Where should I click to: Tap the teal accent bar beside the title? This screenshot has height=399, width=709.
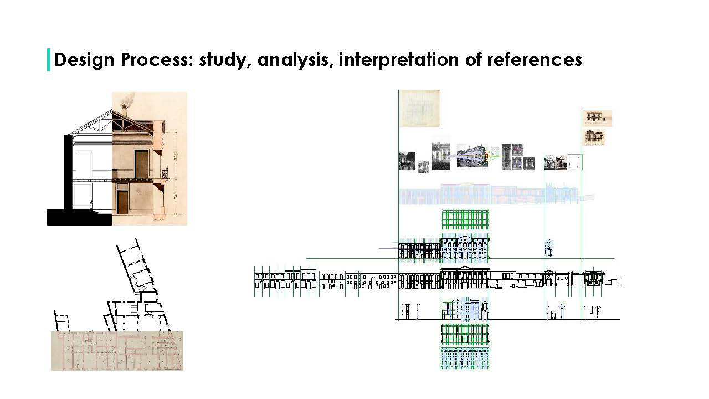click(x=49, y=60)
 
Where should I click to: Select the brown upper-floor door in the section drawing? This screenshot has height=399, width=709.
click(x=141, y=164)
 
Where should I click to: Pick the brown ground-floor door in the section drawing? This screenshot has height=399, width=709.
click(x=122, y=202)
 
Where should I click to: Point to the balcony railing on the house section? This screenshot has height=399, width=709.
click(x=164, y=173)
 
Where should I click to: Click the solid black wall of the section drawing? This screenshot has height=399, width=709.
click(x=68, y=172)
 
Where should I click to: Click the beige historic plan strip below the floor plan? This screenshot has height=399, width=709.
click(x=117, y=351)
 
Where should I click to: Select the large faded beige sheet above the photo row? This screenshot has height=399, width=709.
click(x=420, y=108)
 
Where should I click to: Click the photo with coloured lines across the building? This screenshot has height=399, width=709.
click(x=472, y=156)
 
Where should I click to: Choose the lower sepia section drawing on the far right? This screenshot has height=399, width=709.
click(x=595, y=136)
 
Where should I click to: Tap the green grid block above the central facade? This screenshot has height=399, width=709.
click(x=465, y=219)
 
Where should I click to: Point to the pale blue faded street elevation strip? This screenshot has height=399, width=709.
click(x=487, y=195)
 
